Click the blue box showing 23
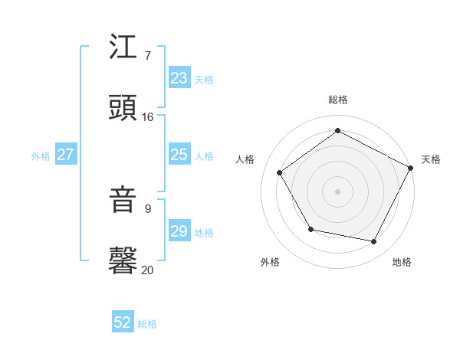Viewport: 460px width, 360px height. tap(179, 78)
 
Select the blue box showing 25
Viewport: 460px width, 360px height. tap(179, 155)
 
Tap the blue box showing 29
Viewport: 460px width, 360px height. tap(179, 231)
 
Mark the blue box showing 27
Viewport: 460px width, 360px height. tap(65, 155)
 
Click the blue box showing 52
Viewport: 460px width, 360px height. tap(123, 322)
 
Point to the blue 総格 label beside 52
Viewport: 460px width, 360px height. tap(147, 324)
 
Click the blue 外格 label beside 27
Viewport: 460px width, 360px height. tap(41, 156)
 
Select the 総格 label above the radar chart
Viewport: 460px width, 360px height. tap(338, 100)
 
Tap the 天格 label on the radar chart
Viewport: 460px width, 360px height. tap(431, 159)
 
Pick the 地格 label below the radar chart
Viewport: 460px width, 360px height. tap(402, 263)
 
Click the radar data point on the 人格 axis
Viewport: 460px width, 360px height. tap(280, 172)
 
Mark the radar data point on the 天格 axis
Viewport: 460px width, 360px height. tap(411, 167)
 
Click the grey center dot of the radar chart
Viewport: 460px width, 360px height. tap(337, 191)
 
